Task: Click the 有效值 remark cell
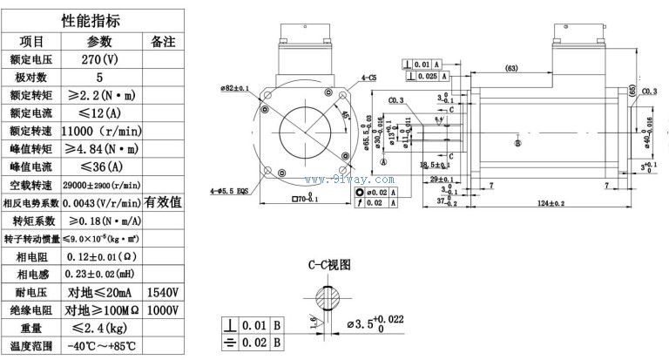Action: (163, 201)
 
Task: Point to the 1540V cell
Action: (163, 291)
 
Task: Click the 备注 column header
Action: (163, 41)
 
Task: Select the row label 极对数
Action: (31, 77)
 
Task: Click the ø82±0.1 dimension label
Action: (234, 88)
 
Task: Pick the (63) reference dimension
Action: (511, 68)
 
